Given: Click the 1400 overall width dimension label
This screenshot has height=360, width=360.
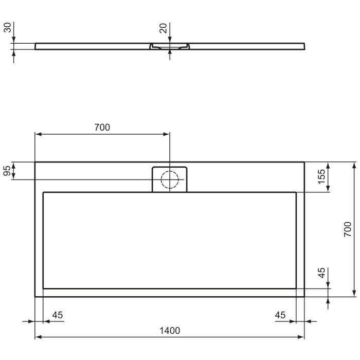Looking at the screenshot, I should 169,330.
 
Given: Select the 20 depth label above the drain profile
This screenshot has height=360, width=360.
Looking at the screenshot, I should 163,28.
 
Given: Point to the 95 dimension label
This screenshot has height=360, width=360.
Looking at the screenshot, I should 7,171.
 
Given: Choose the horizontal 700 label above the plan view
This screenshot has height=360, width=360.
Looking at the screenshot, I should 102,128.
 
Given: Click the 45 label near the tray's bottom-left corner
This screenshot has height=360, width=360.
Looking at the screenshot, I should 58,314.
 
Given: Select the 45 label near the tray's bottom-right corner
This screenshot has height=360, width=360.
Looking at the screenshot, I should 281,314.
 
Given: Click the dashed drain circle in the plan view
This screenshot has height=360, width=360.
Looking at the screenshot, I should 169,179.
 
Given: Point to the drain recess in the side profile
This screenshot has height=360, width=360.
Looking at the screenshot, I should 169,47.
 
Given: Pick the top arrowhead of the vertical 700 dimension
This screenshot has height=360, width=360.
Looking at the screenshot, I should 354,165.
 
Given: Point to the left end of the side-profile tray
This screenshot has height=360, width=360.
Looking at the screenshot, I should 35,46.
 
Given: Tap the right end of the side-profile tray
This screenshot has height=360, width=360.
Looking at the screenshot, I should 304,46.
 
